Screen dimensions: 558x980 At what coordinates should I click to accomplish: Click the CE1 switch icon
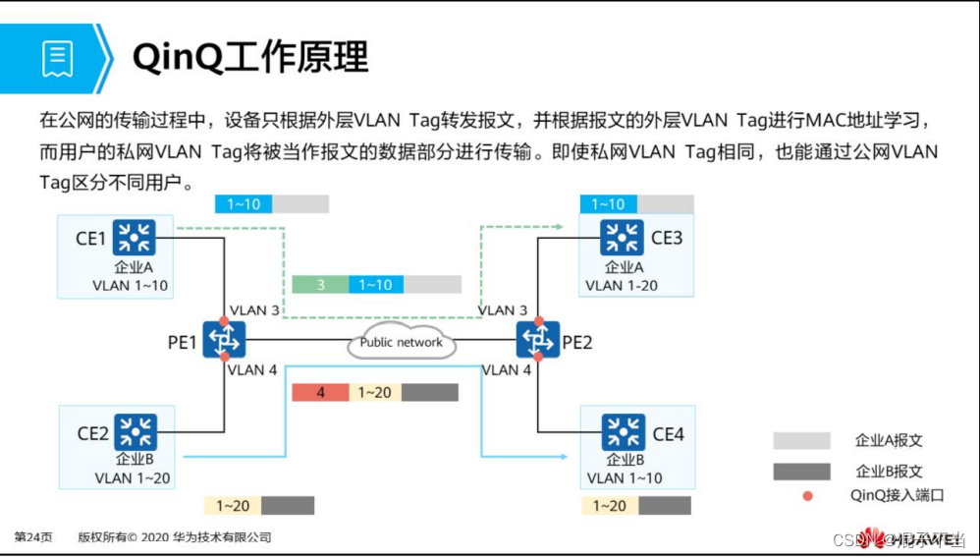click(134, 237)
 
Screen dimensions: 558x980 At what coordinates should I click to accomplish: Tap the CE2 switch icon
click(136, 431)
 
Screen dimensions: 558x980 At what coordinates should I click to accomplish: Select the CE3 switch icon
click(623, 237)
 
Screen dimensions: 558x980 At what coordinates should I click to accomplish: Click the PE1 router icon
click(225, 340)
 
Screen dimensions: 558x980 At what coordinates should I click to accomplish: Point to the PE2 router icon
click(537, 340)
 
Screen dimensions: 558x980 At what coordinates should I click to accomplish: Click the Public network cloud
click(401, 342)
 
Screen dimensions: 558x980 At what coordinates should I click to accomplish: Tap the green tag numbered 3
click(320, 285)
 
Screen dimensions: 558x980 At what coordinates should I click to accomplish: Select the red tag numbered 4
click(321, 393)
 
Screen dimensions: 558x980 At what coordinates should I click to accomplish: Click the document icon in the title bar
click(57, 59)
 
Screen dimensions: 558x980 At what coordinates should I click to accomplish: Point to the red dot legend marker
click(807, 496)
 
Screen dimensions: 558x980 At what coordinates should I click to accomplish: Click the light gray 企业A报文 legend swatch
click(801, 440)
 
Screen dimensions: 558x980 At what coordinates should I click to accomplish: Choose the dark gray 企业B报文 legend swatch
click(801, 472)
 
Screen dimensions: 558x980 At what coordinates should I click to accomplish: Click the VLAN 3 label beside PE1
click(253, 310)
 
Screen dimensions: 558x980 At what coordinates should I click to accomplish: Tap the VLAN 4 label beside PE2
click(508, 370)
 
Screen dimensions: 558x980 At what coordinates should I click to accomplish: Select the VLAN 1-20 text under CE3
click(622, 286)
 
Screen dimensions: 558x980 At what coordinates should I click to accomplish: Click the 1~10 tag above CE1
click(244, 204)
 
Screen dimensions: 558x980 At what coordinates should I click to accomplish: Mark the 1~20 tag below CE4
click(610, 506)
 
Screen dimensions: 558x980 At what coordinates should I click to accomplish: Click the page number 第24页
click(33, 537)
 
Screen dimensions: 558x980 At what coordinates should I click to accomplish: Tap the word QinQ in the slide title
click(178, 58)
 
